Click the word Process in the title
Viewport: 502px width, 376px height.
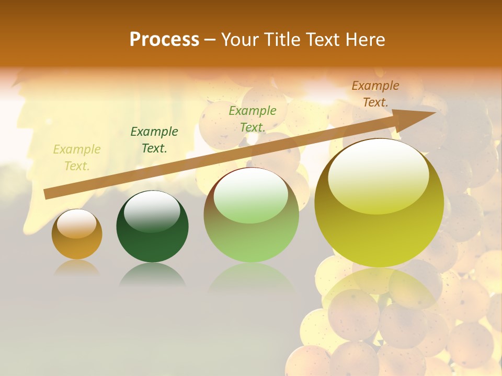coord(164,40)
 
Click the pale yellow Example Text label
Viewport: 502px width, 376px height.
coord(77,158)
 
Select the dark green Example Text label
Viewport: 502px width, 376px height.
coord(154,140)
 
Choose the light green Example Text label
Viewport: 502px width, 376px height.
coord(253,119)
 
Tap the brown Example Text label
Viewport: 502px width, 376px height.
coord(375,94)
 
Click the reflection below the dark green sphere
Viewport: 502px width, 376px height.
coord(152,275)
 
